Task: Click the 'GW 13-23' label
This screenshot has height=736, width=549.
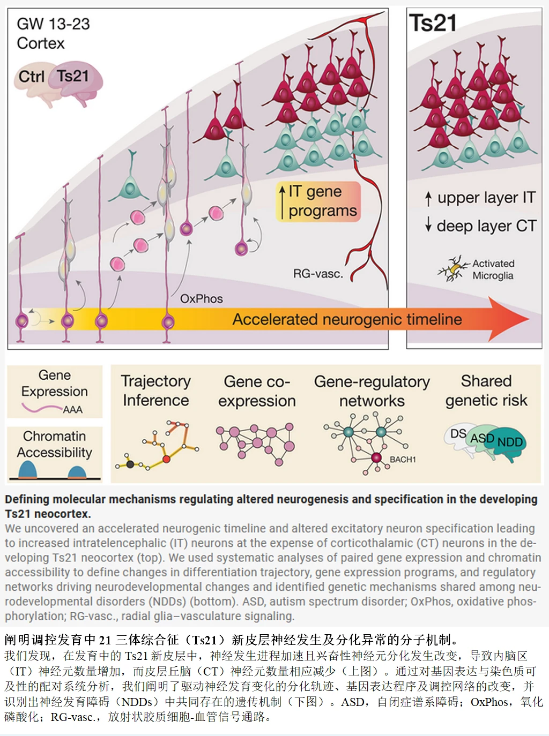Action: (x=53, y=24)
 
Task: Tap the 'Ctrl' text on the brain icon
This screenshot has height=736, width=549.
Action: (x=31, y=77)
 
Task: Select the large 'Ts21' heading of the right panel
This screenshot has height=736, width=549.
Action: (x=433, y=23)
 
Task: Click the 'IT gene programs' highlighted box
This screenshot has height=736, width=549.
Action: (x=318, y=201)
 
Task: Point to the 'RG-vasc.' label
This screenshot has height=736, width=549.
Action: (x=317, y=274)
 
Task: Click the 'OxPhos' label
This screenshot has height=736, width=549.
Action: (x=201, y=299)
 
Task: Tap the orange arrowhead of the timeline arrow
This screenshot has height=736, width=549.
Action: (x=509, y=319)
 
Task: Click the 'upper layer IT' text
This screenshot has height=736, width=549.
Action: (x=486, y=198)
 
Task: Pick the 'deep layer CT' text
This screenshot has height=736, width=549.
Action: (x=486, y=226)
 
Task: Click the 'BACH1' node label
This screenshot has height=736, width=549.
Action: (x=403, y=460)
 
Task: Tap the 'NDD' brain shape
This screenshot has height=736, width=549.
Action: (x=509, y=442)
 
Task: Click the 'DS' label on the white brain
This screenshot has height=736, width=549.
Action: (x=458, y=433)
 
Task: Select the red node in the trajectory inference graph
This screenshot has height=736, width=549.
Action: (x=166, y=459)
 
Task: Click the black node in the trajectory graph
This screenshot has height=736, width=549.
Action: (x=130, y=464)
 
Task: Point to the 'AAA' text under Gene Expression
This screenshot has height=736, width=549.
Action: (x=72, y=410)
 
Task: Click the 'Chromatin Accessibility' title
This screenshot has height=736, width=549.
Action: (x=54, y=444)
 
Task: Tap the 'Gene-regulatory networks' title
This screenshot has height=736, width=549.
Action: (x=372, y=391)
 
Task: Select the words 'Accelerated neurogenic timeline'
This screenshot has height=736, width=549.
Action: (x=347, y=320)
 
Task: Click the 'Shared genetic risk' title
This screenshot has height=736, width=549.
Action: (x=486, y=390)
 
